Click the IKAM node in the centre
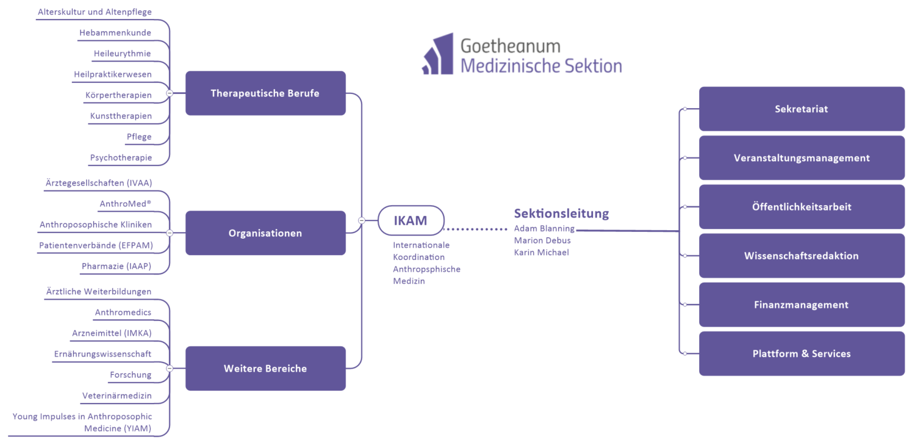point(411,220)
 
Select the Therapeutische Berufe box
point(265,93)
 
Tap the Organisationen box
point(265,233)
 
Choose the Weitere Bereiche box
point(265,369)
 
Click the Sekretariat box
point(802,109)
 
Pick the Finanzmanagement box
point(802,305)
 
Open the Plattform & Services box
point(802,353)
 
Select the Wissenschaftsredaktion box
point(802,256)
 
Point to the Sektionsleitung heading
point(561,213)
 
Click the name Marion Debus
point(542,241)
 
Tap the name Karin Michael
point(542,253)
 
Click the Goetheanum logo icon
point(438,55)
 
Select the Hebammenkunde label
point(115,33)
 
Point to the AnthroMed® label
point(125,204)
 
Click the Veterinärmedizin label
point(117,396)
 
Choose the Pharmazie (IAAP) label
point(117,266)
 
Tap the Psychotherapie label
point(121,157)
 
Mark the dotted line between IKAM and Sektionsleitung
point(475,230)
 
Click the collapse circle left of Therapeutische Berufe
point(170,93)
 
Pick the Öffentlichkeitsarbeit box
point(802,207)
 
